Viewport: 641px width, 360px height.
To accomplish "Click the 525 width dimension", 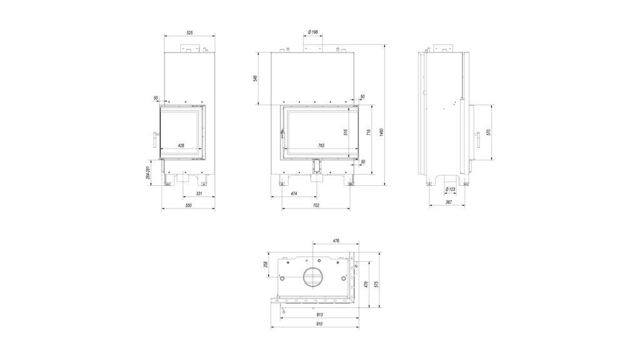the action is point(190,32).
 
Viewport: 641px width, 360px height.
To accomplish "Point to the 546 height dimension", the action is point(255,78).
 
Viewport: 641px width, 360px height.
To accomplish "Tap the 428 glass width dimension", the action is point(181,145).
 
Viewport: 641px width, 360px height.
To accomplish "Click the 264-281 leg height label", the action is point(148,172).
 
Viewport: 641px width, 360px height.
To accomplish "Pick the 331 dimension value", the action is point(199,193).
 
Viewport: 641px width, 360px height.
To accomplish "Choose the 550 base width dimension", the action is point(188,205).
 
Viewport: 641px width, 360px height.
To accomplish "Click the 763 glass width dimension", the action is point(321,145).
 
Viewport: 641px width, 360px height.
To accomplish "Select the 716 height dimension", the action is point(369,132).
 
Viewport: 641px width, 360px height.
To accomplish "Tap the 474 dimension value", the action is point(294,193).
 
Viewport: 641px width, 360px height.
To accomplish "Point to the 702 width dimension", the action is point(315,205).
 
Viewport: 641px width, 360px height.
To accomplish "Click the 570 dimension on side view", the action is point(488,132).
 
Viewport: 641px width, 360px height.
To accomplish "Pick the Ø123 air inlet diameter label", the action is point(449,189).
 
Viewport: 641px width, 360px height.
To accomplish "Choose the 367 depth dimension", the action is point(449,202).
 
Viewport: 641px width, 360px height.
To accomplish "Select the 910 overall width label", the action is point(319,324).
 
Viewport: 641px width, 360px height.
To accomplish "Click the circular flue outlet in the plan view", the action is point(312,276).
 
